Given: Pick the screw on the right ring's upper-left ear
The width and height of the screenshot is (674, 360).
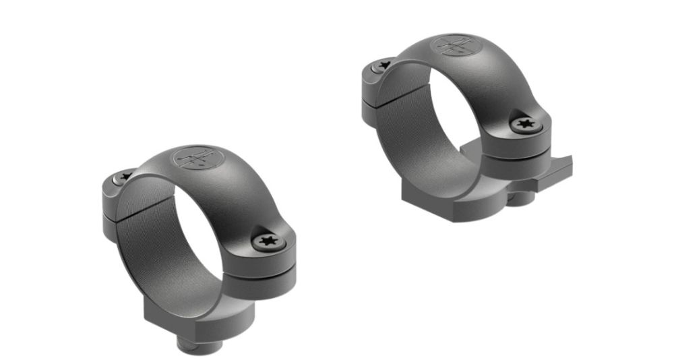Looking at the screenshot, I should click(x=384, y=65).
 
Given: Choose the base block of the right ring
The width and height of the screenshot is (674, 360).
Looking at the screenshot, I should click(x=431, y=202).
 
